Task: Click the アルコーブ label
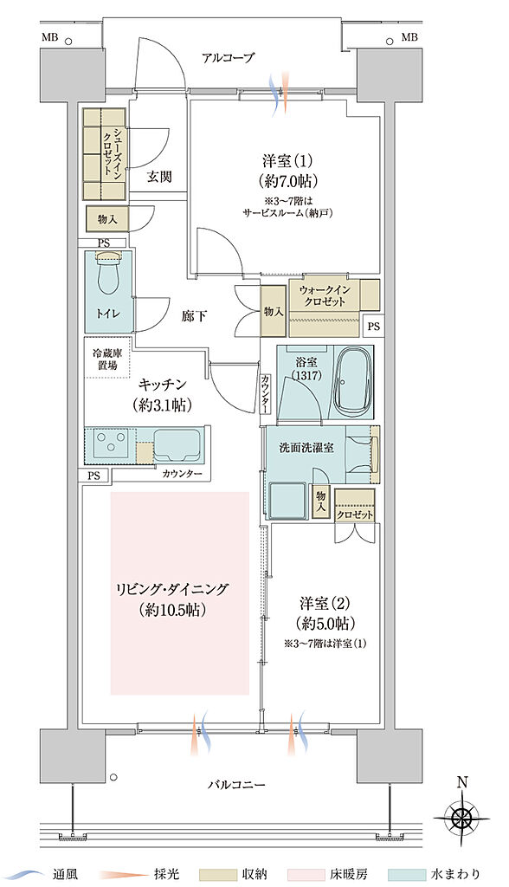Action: tap(229, 58)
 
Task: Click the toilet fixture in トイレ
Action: tap(109, 276)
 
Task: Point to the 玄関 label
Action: tap(158, 177)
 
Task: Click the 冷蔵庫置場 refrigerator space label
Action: tap(104, 359)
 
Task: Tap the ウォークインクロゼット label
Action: tap(323, 296)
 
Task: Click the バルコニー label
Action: tap(236, 785)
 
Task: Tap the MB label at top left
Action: tap(48, 37)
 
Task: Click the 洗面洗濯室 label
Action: tap(302, 448)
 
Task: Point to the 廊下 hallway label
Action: tap(194, 316)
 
